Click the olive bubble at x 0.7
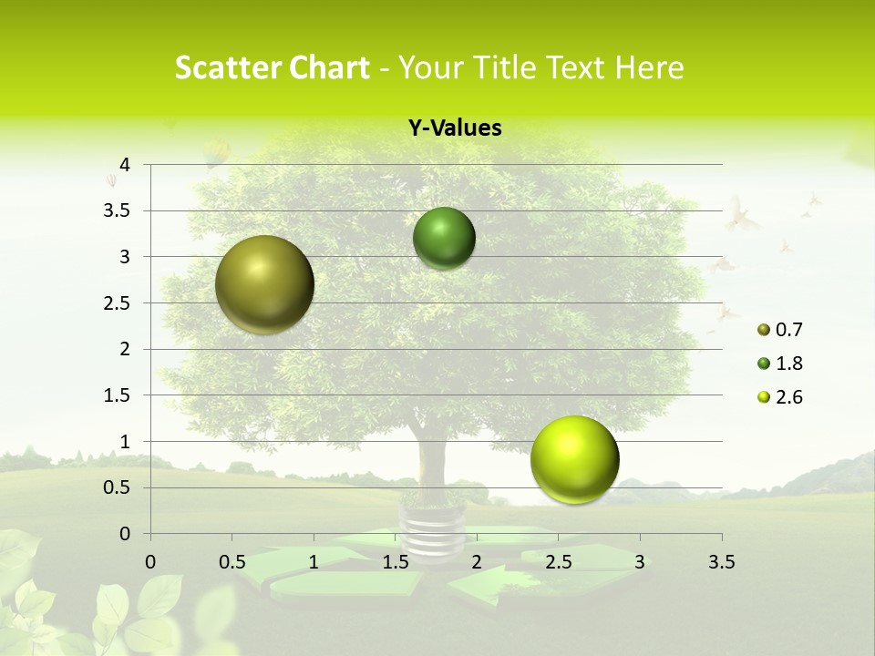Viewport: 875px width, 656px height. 264,284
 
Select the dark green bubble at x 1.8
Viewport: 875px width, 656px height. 444,238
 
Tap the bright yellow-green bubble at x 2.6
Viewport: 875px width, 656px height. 574,459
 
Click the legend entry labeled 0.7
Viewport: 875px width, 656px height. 779,330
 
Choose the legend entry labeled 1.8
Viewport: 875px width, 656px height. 779,364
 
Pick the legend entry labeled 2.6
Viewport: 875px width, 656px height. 779,397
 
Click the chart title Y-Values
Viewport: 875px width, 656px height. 455,128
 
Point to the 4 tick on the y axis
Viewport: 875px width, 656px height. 125,165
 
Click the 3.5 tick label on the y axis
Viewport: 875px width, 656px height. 118,210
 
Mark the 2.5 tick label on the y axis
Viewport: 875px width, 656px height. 118,303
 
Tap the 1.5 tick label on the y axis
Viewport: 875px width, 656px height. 118,395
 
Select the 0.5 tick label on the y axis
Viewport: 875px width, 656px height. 118,487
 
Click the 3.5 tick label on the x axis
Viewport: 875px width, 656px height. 721,561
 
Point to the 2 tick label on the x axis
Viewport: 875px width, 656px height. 477,561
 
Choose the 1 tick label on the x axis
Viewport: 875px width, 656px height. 314,561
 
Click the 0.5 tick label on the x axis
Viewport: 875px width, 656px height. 232,561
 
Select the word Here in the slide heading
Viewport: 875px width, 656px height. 649,67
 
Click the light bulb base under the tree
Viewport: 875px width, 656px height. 431,528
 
